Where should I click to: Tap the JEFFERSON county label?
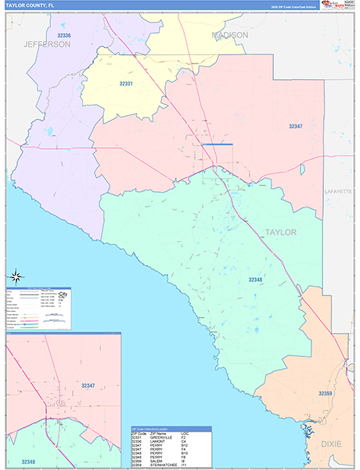click(46, 45)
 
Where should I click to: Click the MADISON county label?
click(230, 35)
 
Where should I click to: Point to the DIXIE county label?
click(337, 443)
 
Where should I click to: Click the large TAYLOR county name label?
click(281, 233)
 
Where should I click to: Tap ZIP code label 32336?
click(64, 36)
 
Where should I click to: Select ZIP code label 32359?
click(326, 393)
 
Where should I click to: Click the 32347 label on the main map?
click(295, 126)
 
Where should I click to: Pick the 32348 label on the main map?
click(256, 279)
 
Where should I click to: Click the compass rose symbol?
click(15, 276)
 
